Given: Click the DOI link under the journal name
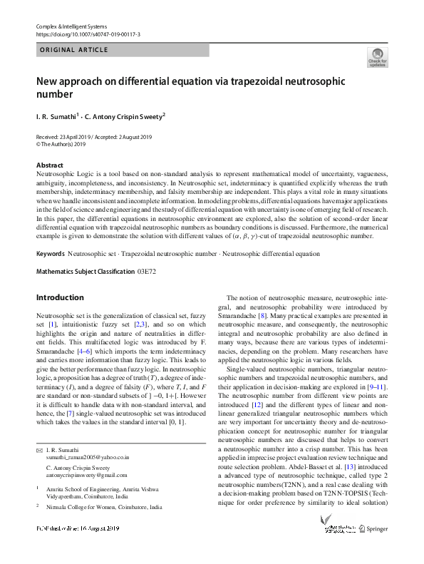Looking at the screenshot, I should (88, 34).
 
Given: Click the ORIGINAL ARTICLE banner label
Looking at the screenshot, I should (74, 50).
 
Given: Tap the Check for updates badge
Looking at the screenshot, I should (377, 57).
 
